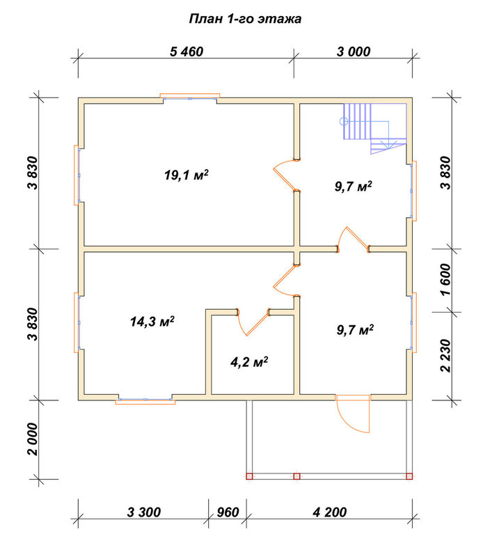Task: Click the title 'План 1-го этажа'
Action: coord(245,19)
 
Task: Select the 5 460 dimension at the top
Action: coord(187,52)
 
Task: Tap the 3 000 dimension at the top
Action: coord(354,52)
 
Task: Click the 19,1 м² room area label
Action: coord(187,175)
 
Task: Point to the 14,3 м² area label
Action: coord(152,322)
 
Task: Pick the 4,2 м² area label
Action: coord(249,362)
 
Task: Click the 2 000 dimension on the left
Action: coord(33,439)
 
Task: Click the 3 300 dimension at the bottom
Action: coord(144,512)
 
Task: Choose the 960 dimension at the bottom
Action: coord(228,512)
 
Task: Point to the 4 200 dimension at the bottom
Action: coord(329,512)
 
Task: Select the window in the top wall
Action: coord(190,97)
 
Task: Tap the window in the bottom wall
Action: coord(145,400)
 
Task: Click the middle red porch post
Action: coord(297,476)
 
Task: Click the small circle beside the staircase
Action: coord(343,121)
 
